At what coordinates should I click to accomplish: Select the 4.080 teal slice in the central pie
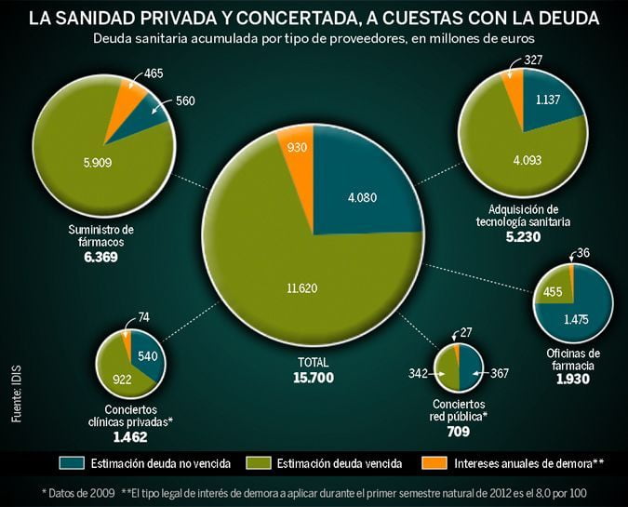tap(361, 196)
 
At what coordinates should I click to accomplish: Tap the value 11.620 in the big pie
tap(302, 288)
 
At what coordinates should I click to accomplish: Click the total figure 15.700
tap(313, 378)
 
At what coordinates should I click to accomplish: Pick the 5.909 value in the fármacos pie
tap(97, 160)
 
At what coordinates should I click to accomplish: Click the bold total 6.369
tap(100, 257)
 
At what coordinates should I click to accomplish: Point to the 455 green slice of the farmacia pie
tap(552, 291)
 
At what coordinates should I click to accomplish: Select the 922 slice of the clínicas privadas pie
tap(122, 379)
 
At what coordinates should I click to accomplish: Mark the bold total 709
tap(458, 431)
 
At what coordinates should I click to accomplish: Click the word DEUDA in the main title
tap(563, 18)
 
